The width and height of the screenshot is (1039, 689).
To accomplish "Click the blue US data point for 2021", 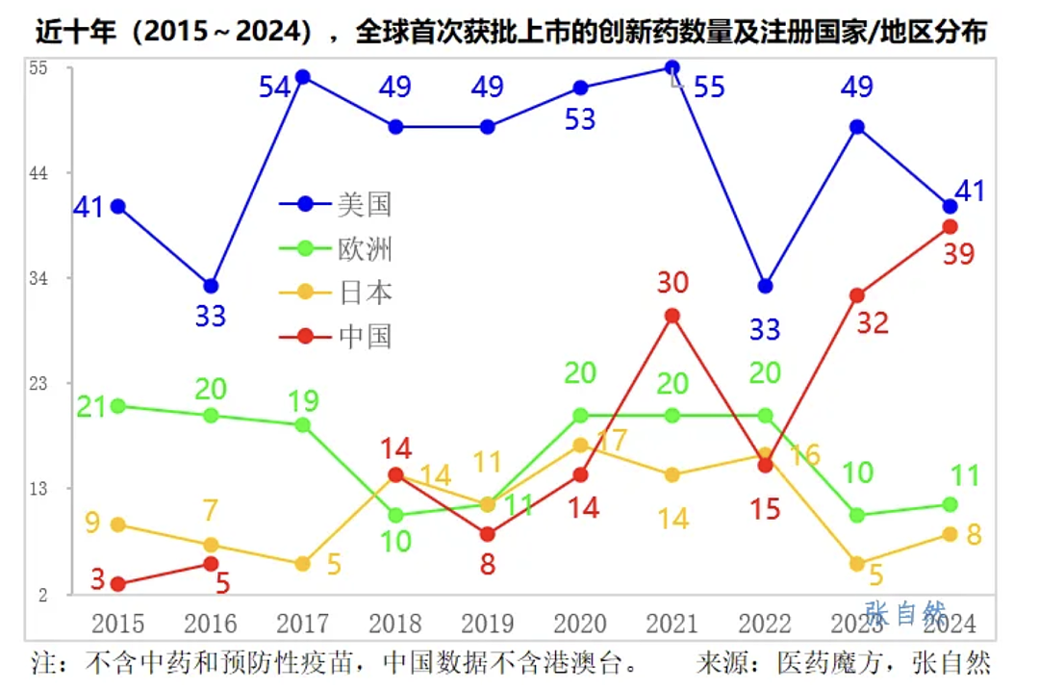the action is [x=672, y=67].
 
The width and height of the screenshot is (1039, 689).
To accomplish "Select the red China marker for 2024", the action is [x=950, y=226].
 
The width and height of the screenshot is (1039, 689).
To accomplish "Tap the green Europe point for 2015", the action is [x=118, y=406].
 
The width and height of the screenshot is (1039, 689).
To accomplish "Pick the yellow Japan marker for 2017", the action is [x=302, y=564].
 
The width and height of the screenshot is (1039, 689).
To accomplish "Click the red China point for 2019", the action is [x=487, y=534].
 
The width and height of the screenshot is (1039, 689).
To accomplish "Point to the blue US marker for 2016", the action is [x=211, y=286].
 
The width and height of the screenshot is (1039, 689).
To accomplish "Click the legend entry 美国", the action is [x=336, y=204].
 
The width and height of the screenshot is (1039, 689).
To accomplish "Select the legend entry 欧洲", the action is [x=336, y=249].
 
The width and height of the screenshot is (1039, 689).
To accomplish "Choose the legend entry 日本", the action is [x=336, y=293].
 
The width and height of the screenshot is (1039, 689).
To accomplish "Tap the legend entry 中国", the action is [x=336, y=337].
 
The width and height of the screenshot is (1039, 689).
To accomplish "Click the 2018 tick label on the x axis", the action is [x=395, y=625].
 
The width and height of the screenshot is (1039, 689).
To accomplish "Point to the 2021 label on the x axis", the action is [x=672, y=625].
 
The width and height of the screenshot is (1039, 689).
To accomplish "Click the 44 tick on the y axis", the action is [x=38, y=173].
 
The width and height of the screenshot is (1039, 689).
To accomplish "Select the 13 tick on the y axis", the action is [x=38, y=489].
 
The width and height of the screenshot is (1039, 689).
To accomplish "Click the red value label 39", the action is [x=959, y=254].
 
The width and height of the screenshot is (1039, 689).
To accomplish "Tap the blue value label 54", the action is [x=274, y=88].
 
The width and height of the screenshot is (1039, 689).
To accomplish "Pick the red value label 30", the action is [x=672, y=283].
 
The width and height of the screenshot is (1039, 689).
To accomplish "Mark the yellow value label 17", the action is [x=612, y=441].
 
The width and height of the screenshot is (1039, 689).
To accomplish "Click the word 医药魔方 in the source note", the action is [x=831, y=662].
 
